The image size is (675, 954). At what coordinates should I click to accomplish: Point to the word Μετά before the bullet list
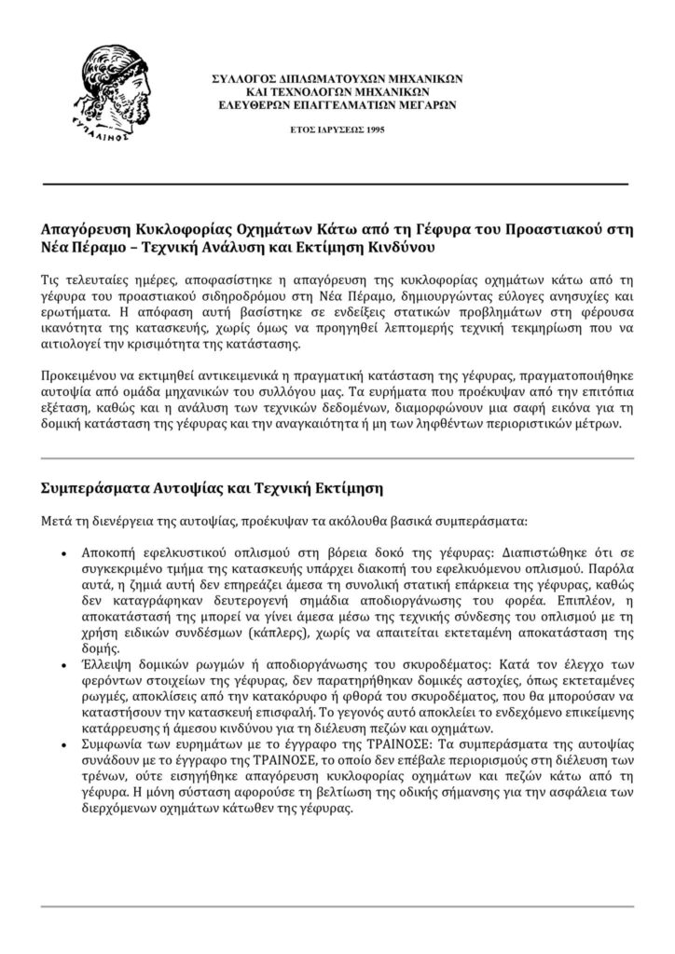click(59, 521)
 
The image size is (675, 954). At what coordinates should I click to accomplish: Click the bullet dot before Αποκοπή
click(62, 552)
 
